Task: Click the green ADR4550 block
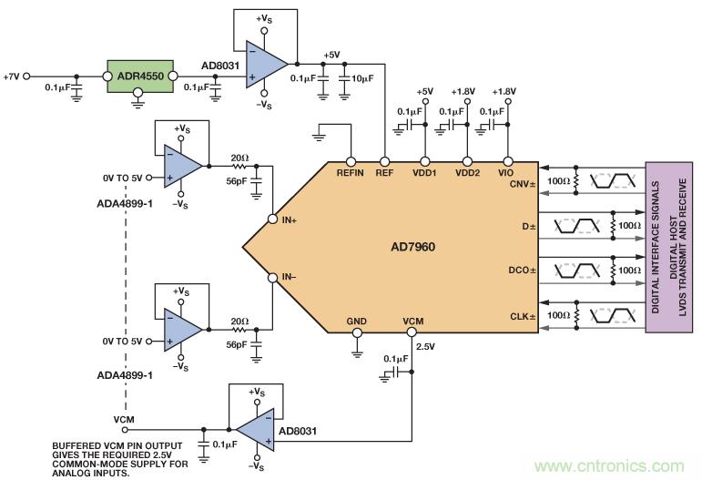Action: (x=135, y=75)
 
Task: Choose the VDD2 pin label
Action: (x=466, y=172)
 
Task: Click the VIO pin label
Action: (x=506, y=172)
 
